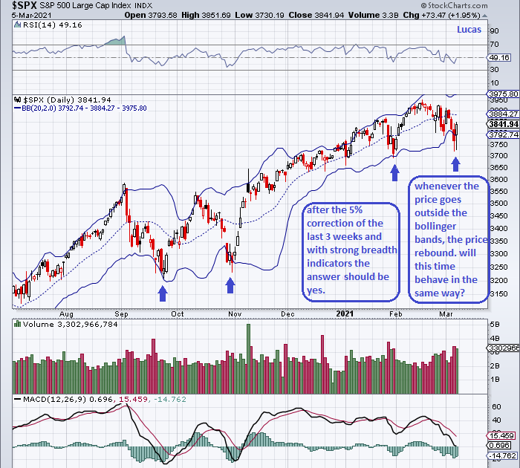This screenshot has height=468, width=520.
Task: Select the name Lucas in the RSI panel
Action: click(469, 30)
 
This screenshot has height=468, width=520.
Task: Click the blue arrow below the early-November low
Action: click(229, 285)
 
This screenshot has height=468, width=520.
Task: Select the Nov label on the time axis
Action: click(233, 313)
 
